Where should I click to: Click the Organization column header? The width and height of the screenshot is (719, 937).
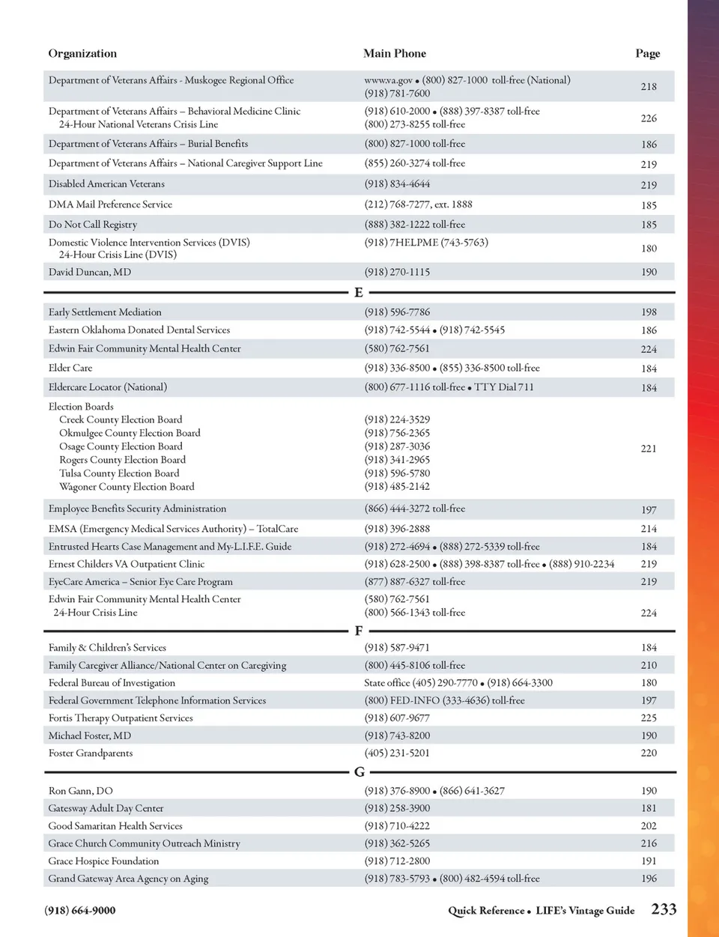pyautogui.click(x=82, y=54)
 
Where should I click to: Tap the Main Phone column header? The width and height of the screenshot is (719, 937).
pyautogui.click(x=395, y=54)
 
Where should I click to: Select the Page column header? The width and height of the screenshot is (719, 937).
pyautogui.click(x=648, y=54)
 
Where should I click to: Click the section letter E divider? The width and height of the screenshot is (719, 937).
pyautogui.click(x=359, y=293)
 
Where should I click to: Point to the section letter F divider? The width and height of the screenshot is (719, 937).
pyautogui.click(x=359, y=631)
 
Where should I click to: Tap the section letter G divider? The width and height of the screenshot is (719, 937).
pyautogui.click(x=359, y=772)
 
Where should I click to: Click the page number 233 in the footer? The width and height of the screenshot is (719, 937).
pyautogui.click(x=664, y=909)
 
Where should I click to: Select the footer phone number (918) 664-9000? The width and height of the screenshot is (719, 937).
pyautogui.click(x=80, y=911)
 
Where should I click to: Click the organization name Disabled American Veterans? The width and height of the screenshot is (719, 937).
pyautogui.click(x=106, y=184)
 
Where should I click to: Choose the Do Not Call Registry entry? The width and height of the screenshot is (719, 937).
pyautogui.click(x=93, y=225)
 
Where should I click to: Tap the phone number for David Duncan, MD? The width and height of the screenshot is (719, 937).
pyautogui.click(x=397, y=273)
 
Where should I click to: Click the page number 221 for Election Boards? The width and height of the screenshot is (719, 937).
pyautogui.click(x=649, y=449)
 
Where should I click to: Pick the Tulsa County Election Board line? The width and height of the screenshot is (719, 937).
pyautogui.click(x=119, y=473)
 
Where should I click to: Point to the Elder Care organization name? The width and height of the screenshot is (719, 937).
pyautogui.click(x=70, y=369)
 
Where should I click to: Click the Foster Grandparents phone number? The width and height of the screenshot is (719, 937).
pyautogui.click(x=397, y=753)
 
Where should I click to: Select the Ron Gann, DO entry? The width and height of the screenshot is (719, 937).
pyautogui.click(x=81, y=791)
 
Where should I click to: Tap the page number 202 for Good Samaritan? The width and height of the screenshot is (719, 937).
pyautogui.click(x=649, y=826)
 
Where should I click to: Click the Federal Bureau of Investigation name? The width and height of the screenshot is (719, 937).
pyautogui.click(x=112, y=683)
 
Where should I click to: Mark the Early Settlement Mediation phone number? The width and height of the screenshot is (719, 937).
pyautogui.click(x=397, y=312)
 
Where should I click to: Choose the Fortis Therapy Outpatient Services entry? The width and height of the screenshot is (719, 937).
pyautogui.click(x=121, y=718)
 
